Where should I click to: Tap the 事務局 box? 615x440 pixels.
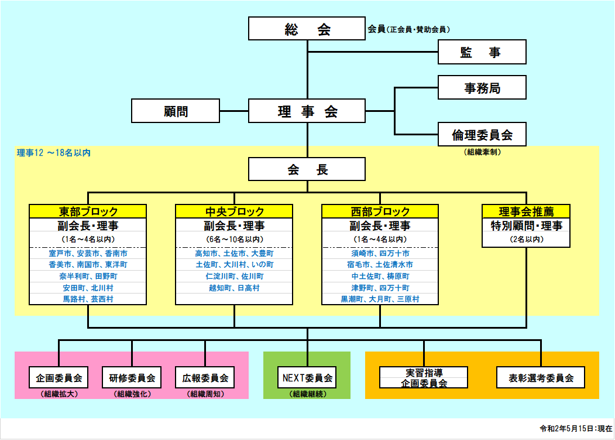coord(482,88)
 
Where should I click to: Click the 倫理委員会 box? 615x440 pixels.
coord(482,135)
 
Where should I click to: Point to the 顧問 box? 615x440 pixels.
coord(176,111)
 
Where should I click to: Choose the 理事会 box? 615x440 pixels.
coord(307,111)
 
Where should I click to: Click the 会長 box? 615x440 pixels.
coord(307,169)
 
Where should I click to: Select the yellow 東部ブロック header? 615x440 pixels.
coord(88,212)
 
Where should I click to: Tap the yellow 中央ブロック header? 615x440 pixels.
coord(234,212)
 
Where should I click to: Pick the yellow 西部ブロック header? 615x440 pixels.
coord(380,212)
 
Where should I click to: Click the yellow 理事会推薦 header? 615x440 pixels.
coord(526,212)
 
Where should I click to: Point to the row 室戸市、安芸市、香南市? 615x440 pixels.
coord(88,254)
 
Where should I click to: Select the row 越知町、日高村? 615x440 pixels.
coord(234,288)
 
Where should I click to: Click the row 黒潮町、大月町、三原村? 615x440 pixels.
coord(380,299)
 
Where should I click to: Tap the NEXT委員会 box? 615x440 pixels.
coord(307,378)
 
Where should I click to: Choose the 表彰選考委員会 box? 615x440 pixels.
coord(541,378)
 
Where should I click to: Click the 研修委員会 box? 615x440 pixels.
coord(132,378)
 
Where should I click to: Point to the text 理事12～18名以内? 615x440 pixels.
coord(54,153)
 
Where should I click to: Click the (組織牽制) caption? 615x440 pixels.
coord(482,152)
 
